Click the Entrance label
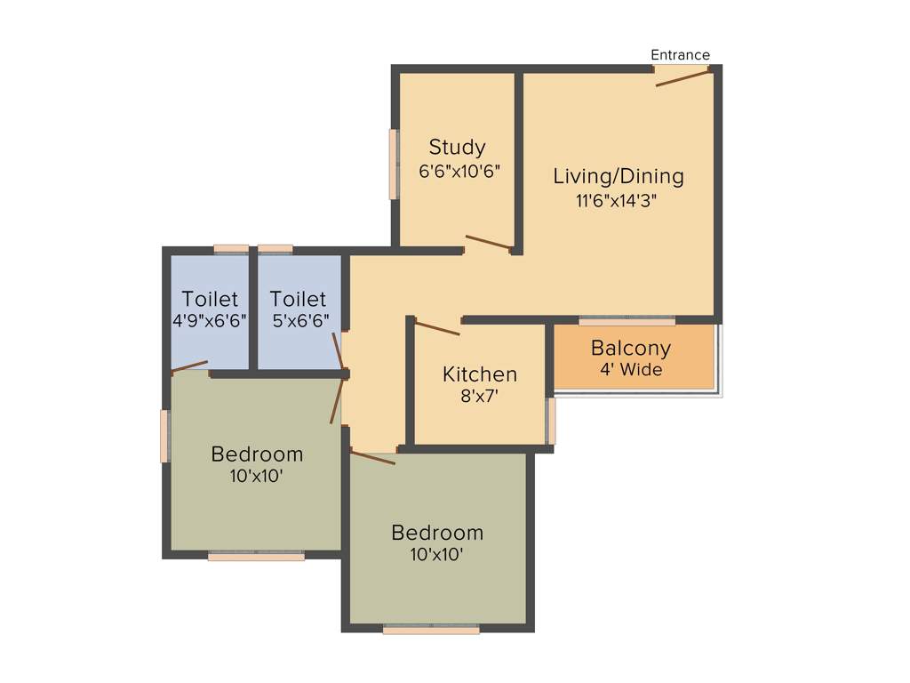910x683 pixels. click(680, 55)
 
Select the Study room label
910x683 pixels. click(457, 147)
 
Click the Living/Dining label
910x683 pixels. click(619, 176)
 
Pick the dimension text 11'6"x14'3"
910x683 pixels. click(619, 201)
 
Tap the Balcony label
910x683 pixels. click(631, 349)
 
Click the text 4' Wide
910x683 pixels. click(631, 370)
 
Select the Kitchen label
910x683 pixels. click(480, 374)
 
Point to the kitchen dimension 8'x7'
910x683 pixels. click(479, 398)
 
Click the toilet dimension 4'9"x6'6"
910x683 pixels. click(210, 321)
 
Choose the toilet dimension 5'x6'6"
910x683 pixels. click(299, 321)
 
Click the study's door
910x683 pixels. click(489, 242)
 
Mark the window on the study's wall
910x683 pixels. click(394, 165)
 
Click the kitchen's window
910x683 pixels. click(551, 421)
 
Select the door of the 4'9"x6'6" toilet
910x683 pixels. click(189, 366)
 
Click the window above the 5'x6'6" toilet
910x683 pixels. click(275, 249)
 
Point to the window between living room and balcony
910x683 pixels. click(627, 321)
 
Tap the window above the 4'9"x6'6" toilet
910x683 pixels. click(231, 249)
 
